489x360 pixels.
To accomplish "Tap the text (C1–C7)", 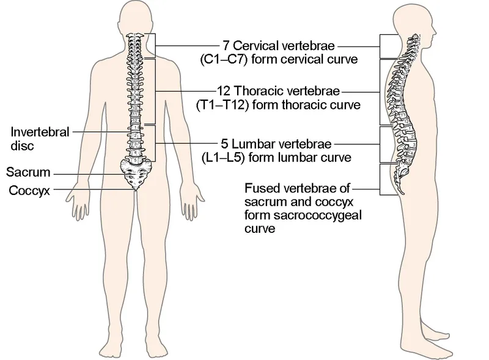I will pos(221,60).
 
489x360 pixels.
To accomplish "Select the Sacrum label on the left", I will pos(29,173).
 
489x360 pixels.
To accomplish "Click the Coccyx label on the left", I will pos(29,190).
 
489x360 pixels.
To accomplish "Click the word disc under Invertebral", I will pos(21,147).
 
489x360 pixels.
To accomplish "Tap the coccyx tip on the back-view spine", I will pos(135,188).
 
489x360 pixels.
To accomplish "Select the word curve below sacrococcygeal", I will pos(257,229).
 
